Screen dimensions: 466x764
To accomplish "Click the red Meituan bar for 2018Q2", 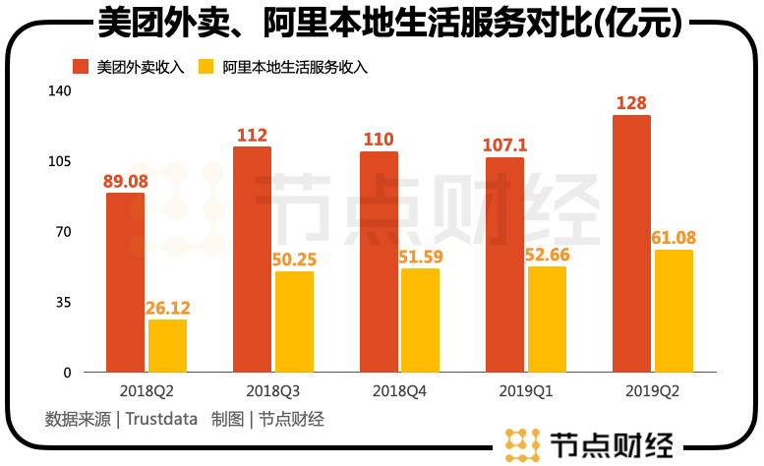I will pyautogui.click(x=125, y=282).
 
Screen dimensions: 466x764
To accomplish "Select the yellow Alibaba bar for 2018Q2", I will pyautogui.click(x=167, y=346).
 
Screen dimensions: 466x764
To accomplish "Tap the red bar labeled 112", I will pyautogui.click(x=252, y=260).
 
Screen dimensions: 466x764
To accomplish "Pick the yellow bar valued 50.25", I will pyautogui.click(x=294, y=321).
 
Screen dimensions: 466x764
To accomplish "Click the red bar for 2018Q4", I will pyautogui.click(x=379, y=262).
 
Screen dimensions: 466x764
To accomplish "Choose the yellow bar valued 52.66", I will pyautogui.click(x=547, y=320).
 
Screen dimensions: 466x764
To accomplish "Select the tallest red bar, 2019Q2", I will pyautogui.click(x=631, y=244).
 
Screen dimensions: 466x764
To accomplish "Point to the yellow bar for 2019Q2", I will pyautogui.click(x=674, y=311).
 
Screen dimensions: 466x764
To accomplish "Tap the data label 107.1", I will pyautogui.click(x=504, y=146).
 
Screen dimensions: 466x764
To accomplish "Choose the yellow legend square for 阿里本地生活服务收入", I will pyautogui.click(x=206, y=68).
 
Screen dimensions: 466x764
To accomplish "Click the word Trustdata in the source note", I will pyautogui.click(x=163, y=419).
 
